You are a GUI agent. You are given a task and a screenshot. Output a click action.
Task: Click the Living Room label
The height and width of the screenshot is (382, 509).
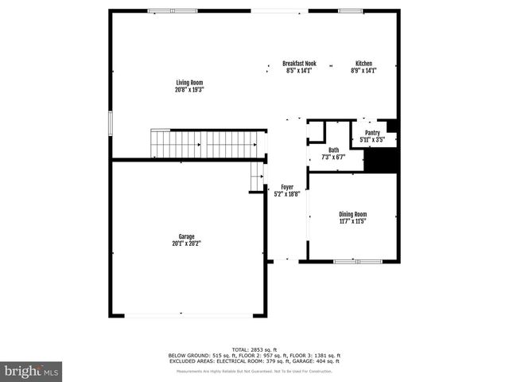coord(189,83)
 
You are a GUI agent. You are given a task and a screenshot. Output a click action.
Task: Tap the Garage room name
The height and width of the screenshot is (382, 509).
coord(187,236)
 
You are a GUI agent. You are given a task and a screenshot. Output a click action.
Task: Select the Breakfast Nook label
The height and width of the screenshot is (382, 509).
coord(299,64)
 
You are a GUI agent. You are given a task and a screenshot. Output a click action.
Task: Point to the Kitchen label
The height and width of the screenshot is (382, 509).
coord(363,64)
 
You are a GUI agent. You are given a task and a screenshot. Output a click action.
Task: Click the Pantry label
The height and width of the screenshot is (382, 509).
coord(372,133)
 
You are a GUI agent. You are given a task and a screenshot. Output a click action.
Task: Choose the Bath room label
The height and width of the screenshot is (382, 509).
coord(334,150)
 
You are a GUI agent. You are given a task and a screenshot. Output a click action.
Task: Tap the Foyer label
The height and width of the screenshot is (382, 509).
coord(286,186)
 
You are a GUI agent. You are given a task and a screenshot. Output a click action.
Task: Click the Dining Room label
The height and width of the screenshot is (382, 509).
coord(353,214)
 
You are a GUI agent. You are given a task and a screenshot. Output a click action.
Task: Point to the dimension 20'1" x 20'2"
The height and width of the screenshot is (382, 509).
coord(187,244)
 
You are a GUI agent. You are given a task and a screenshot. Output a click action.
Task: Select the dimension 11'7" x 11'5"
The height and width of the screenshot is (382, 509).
coord(353,221)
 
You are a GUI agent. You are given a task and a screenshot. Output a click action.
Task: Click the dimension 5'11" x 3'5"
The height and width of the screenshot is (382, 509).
coord(372,140)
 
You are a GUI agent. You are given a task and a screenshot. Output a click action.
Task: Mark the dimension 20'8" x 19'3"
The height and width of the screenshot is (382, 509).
coord(189,90)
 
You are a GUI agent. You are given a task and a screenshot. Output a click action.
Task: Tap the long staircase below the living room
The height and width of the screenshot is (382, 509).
coord(207,144)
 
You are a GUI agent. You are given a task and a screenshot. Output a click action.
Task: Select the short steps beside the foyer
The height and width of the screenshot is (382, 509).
coord(256,177)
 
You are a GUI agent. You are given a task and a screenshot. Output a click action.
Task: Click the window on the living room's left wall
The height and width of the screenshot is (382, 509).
coord(111,123)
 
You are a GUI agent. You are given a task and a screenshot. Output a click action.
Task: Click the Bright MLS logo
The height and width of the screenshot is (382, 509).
coord(32,370)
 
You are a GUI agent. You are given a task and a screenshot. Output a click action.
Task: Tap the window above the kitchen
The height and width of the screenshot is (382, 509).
coord(350,10)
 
